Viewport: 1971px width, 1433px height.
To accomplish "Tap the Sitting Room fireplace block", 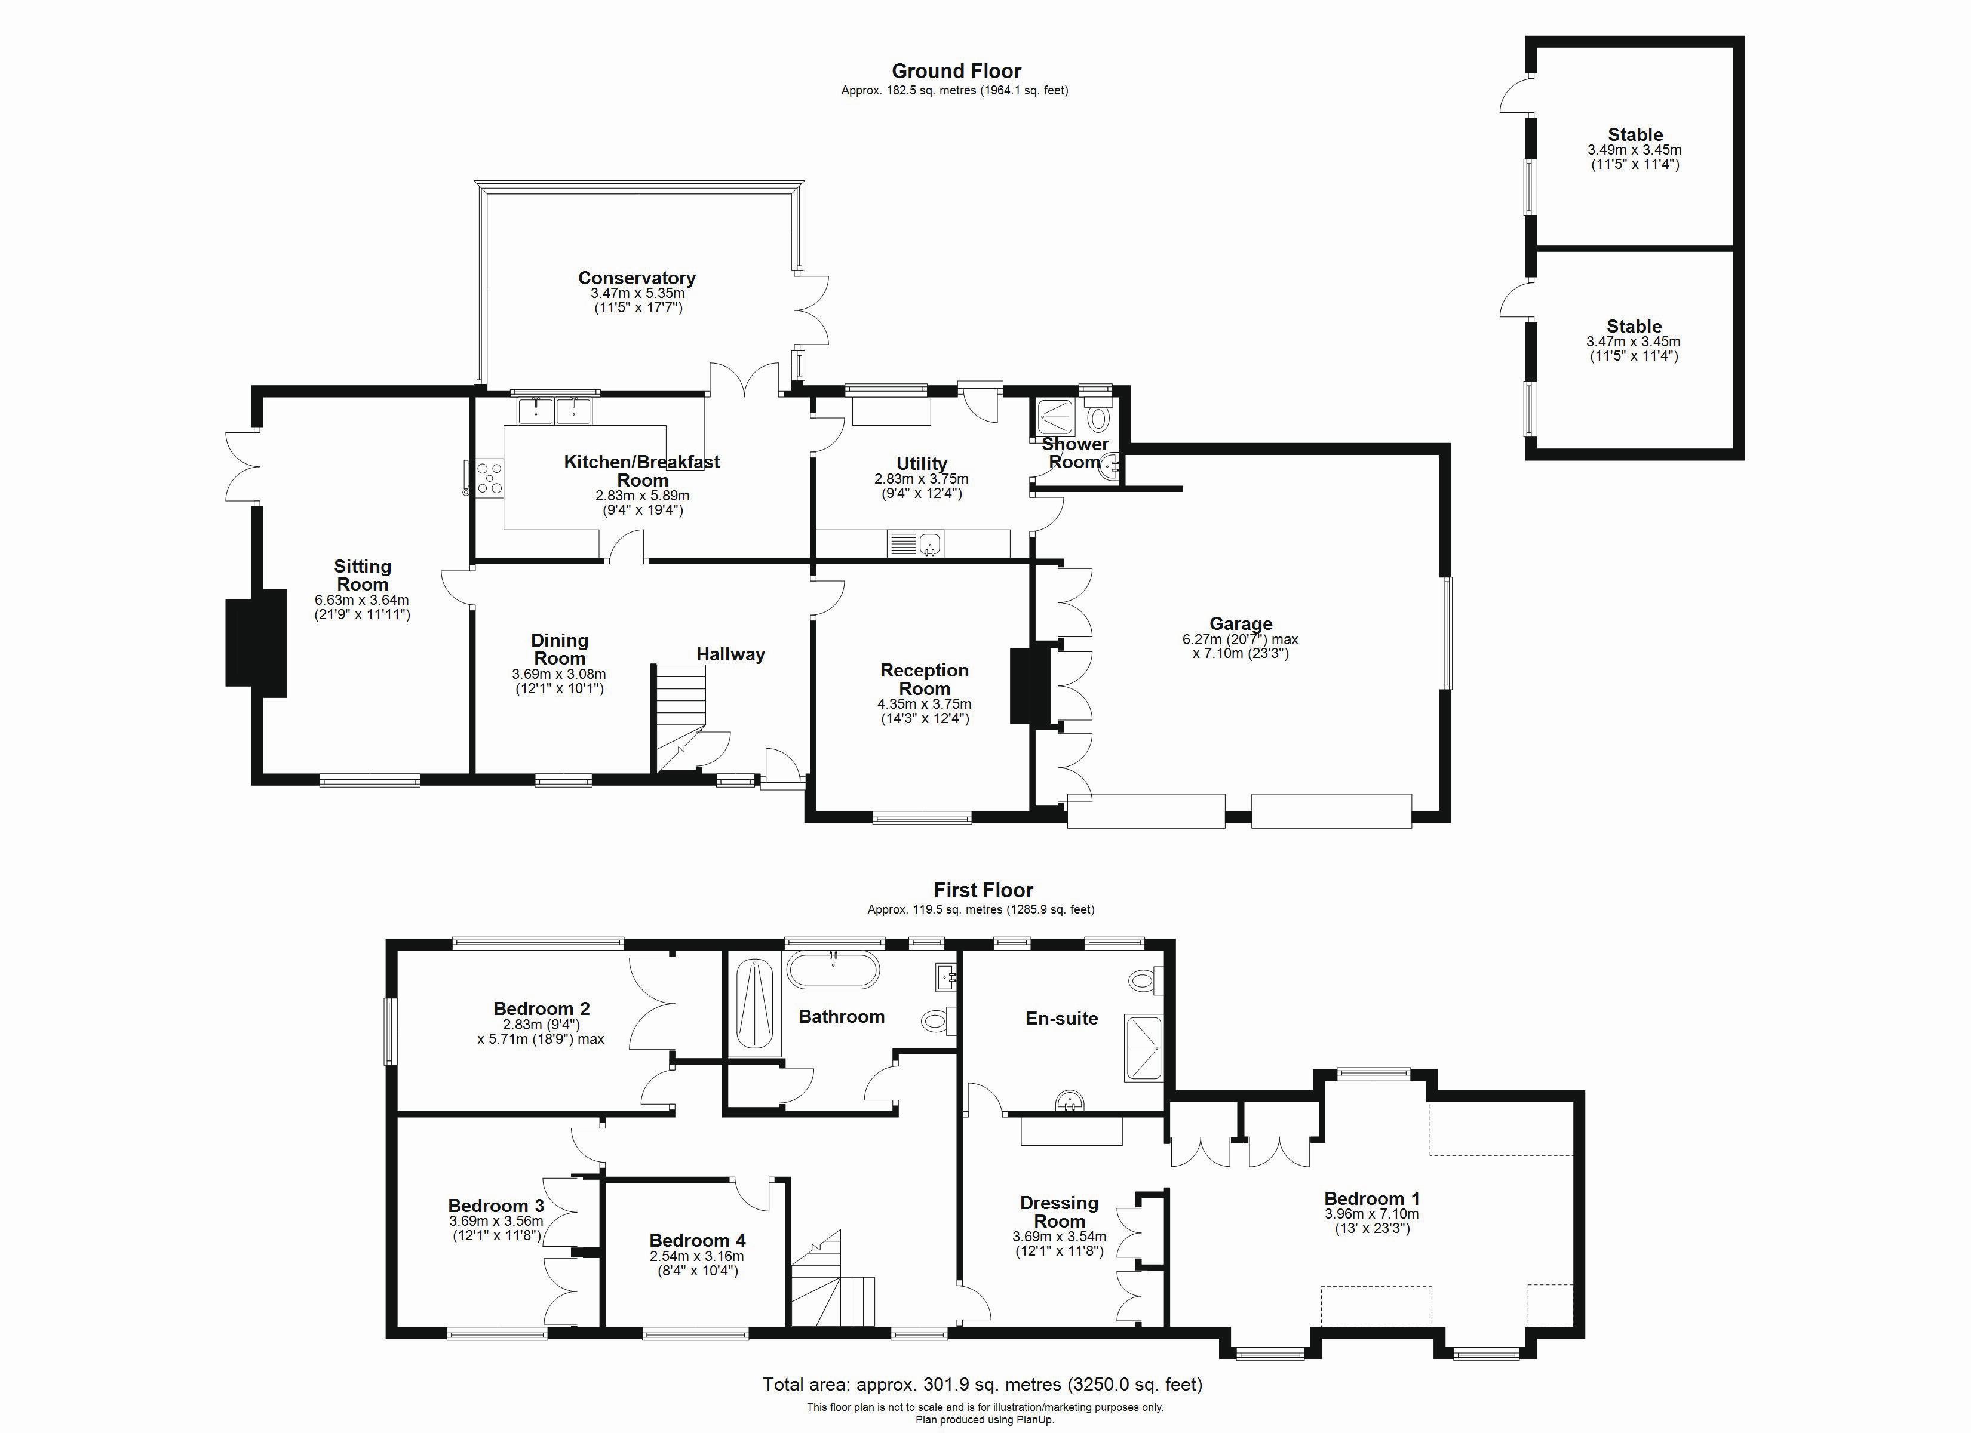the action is coord(256,643).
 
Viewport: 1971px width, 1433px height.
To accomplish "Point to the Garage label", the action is coord(1240,623).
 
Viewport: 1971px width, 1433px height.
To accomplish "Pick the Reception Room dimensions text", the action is coord(924,712).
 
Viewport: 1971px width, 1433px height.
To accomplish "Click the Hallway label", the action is coord(730,654).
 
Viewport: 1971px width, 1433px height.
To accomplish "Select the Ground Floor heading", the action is coord(956,71).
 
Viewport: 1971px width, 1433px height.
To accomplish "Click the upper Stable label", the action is coord(1635,135).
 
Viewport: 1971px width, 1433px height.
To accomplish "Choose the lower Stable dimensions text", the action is coord(1633,349).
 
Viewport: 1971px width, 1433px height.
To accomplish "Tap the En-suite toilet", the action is coord(1146,981).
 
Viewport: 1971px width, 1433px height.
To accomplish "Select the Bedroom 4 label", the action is coord(697,1240).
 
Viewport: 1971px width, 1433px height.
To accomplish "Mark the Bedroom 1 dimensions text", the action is coord(1371,1221).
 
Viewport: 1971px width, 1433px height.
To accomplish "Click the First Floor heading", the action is coord(983,891).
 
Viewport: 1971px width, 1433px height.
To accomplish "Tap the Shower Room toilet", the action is coord(1098,420).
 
